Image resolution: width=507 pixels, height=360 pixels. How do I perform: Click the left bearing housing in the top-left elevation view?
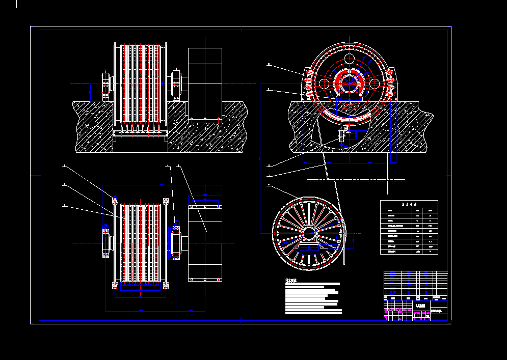point(106,85)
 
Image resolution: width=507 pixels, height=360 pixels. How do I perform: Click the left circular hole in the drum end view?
point(324,83)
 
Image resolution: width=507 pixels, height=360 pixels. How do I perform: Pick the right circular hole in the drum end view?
point(374,83)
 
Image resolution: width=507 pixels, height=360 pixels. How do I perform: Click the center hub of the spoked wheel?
point(308,233)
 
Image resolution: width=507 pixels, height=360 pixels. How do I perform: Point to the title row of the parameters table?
point(409,203)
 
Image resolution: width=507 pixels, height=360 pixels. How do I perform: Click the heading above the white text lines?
point(291,280)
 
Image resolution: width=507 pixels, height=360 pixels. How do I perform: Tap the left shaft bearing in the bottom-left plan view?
point(106,242)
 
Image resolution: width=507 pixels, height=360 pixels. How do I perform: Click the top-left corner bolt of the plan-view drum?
point(115,199)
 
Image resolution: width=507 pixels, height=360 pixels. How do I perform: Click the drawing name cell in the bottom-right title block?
point(421,306)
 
